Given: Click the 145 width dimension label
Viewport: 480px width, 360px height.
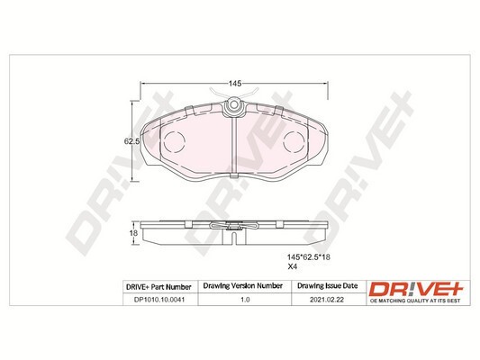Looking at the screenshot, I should tap(233, 83).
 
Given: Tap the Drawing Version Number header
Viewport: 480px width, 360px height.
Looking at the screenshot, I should tap(240, 286).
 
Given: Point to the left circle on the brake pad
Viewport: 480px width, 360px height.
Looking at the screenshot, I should tap(174, 141).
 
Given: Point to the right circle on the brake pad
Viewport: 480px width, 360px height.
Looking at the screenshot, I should tap(294, 141).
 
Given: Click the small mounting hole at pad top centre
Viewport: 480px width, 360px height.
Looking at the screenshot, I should tap(233, 105).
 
